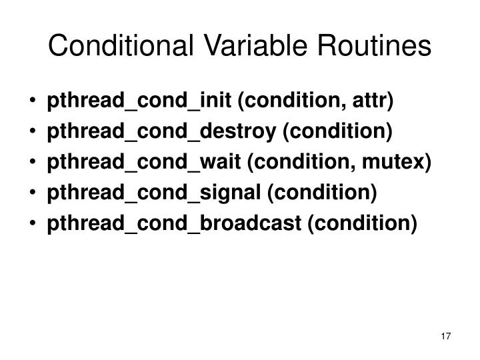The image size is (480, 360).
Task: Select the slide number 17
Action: [x=447, y=336]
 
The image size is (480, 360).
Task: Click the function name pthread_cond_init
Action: [x=139, y=101]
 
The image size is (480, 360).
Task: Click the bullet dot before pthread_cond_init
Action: [x=33, y=102]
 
